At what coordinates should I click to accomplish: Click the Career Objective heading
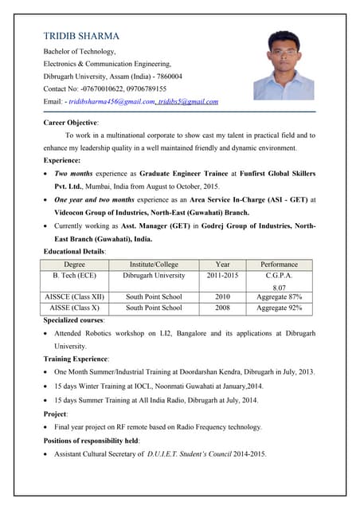coord(70,123)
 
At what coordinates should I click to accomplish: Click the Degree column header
coord(75,264)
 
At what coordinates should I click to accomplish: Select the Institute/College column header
coord(154,264)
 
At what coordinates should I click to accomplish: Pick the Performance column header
coord(279,264)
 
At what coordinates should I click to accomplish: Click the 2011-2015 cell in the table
coord(222,275)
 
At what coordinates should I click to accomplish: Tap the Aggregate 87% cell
coord(279,296)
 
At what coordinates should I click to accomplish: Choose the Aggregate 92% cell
coord(279,308)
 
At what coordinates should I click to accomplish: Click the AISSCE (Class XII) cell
coord(75,296)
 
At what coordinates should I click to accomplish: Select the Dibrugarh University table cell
coord(154,275)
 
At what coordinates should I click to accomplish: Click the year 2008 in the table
coord(222,308)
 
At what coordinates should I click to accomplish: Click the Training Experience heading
coord(76,359)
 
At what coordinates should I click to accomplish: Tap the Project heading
coord(56,414)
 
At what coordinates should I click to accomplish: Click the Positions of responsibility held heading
coord(92,441)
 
